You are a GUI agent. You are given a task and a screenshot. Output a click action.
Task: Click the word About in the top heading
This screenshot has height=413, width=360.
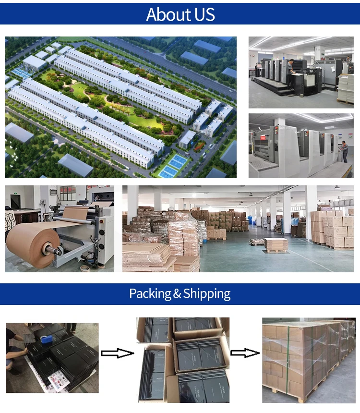pos(164,14)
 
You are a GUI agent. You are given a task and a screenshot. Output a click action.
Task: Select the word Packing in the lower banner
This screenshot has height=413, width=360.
pos(150,293)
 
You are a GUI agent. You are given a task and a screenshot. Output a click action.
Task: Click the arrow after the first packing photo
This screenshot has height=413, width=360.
pos(117,353)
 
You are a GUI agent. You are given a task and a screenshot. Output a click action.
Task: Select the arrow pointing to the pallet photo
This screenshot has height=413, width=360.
pos(245,353)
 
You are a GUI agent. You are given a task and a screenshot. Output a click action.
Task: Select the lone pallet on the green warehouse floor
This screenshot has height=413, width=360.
pos(276,245)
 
